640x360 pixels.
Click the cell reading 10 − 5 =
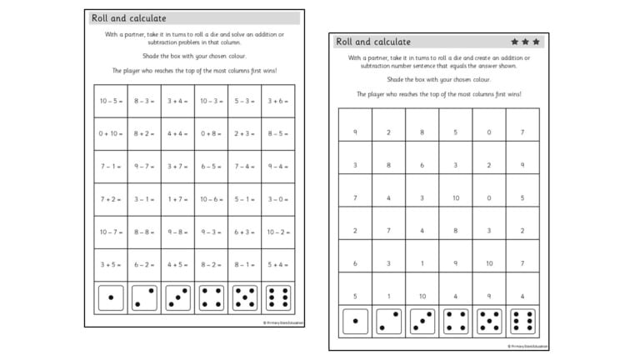pos(111,101)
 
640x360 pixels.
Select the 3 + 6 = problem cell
pos(277,101)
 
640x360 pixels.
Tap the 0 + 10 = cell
pos(111,133)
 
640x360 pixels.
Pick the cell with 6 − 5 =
pos(211,166)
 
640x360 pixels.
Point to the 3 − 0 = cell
pos(277,199)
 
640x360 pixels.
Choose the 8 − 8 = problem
pos(144,232)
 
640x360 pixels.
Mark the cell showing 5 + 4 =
pos(277,265)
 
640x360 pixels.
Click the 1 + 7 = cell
pos(177,199)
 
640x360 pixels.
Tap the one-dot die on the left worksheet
pos(111,297)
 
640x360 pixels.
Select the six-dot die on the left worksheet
pos(277,297)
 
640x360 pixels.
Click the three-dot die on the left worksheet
pos(177,297)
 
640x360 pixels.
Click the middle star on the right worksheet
pos(525,41)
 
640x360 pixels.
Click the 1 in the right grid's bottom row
pos(388,296)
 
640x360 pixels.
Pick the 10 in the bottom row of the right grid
pos(422,296)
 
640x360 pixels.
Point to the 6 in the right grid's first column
pos(355,263)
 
